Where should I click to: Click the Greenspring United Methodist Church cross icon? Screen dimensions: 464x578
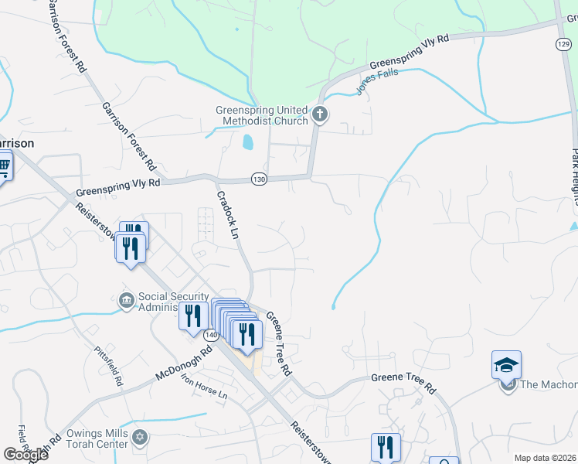320,116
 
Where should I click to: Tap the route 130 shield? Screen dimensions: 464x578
259,179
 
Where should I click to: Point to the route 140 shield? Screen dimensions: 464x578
211,336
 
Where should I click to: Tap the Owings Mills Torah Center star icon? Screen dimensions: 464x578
139,438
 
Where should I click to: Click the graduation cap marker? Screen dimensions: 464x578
506,363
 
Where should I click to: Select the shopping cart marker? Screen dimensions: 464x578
2,165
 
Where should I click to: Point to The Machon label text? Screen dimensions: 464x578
549,384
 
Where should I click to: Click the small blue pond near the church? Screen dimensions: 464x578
246,142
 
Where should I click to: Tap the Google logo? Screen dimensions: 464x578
25,454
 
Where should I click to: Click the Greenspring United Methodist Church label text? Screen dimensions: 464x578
261,115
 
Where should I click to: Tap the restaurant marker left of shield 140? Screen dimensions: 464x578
192,315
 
